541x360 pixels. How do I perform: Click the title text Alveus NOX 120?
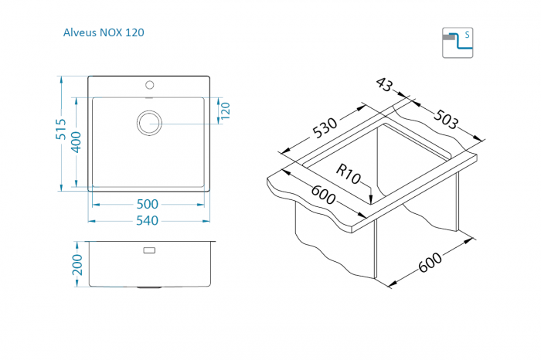pyautogui.click(x=104, y=32)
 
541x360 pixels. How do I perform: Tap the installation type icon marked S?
pyautogui.click(x=458, y=42)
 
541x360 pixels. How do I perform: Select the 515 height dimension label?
pyautogui.click(x=61, y=129)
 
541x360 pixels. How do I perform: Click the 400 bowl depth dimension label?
pyautogui.click(x=76, y=142)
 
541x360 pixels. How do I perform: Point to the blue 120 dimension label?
pyautogui.click(x=225, y=110)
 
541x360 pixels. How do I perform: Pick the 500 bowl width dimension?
pyautogui.click(x=148, y=204)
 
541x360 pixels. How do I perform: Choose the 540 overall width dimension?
pyautogui.click(x=148, y=220)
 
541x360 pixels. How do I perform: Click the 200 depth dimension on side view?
pyautogui.click(x=77, y=265)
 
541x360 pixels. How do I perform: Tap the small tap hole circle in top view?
pyautogui.click(x=149, y=84)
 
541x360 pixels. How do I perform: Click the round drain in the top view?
pyautogui.click(x=149, y=123)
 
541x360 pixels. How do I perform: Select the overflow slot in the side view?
pyautogui.click(x=149, y=250)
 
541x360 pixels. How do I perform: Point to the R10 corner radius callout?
pyautogui.click(x=348, y=175)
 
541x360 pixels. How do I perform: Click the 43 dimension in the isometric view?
pyautogui.click(x=384, y=84)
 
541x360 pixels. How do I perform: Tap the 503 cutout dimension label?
pyautogui.click(x=446, y=119)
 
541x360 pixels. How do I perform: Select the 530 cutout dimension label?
pyautogui.click(x=325, y=127)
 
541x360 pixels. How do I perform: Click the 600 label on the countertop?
pyautogui.click(x=323, y=195)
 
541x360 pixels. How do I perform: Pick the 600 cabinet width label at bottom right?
pyautogui.click(x=430, y=263)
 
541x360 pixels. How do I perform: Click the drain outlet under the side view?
pyautogui.click(x=149, y=287)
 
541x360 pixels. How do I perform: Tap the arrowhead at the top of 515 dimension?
pyautogui.click(x=61, y=80)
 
